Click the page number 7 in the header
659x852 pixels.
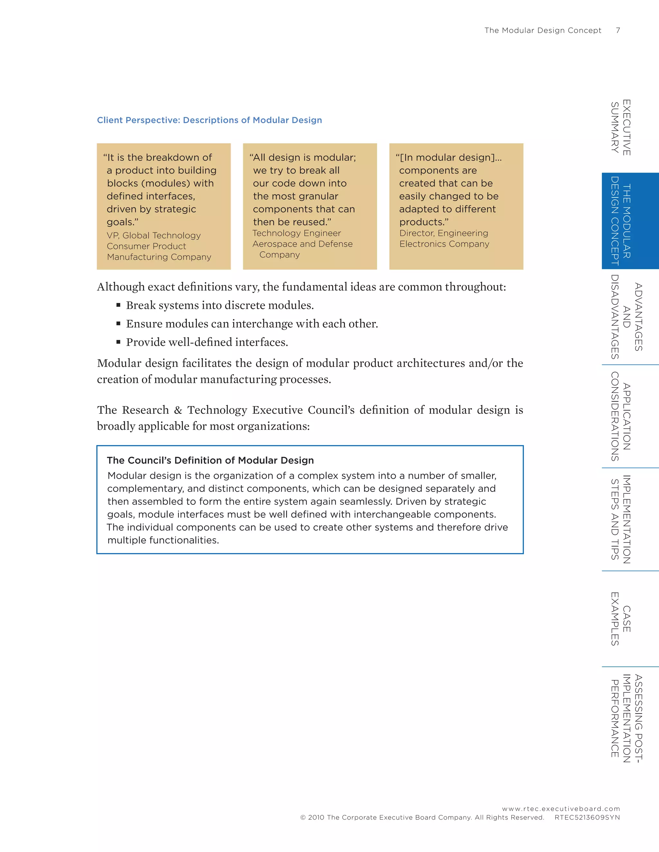click(617, 31)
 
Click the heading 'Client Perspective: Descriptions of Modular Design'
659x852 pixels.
click(209, 120)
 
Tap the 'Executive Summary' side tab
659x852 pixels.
click(621, 127)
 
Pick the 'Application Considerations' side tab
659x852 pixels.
click(621, 416)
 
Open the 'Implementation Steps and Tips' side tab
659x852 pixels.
click(621, 519)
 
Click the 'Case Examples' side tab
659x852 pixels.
click(621, 619)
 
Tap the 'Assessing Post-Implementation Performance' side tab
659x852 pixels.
click(626, 718)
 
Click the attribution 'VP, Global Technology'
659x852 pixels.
click(153, 236)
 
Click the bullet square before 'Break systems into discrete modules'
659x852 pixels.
click(118, 305)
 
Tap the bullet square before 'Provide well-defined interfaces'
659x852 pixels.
click(118, 342)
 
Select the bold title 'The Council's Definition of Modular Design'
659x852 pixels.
click(210, 460)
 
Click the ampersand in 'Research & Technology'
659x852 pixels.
click(178, 410)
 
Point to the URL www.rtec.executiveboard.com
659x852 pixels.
click(561, 809)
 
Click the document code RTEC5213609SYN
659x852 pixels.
click(587, 817)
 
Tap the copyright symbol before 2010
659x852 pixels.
click(303, 818)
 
